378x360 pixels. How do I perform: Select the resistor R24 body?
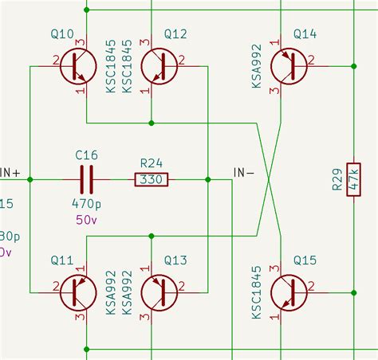tap(152, 179)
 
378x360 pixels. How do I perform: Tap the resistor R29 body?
tap(352, 179)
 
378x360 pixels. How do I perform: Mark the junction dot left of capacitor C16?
tap(30, 179)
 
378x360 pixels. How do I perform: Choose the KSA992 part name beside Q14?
tap(258, 65)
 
